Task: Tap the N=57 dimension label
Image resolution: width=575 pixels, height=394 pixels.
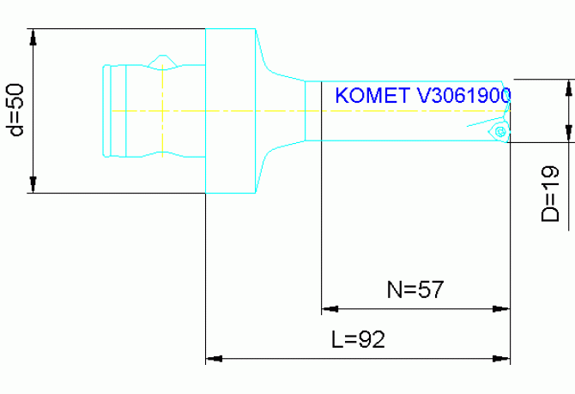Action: pos(415,290)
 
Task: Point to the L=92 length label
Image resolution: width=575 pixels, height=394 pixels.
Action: pos(358,338)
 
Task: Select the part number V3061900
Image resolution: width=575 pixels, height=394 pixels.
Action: pos(464,95)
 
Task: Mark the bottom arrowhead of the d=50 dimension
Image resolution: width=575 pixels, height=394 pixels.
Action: pos(33,185)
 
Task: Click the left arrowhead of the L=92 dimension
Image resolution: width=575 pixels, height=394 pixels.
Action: pos(214,355)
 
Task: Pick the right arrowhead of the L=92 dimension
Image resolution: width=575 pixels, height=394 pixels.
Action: pos(502,355)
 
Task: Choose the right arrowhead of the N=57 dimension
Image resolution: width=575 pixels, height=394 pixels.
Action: pos(502,308)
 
